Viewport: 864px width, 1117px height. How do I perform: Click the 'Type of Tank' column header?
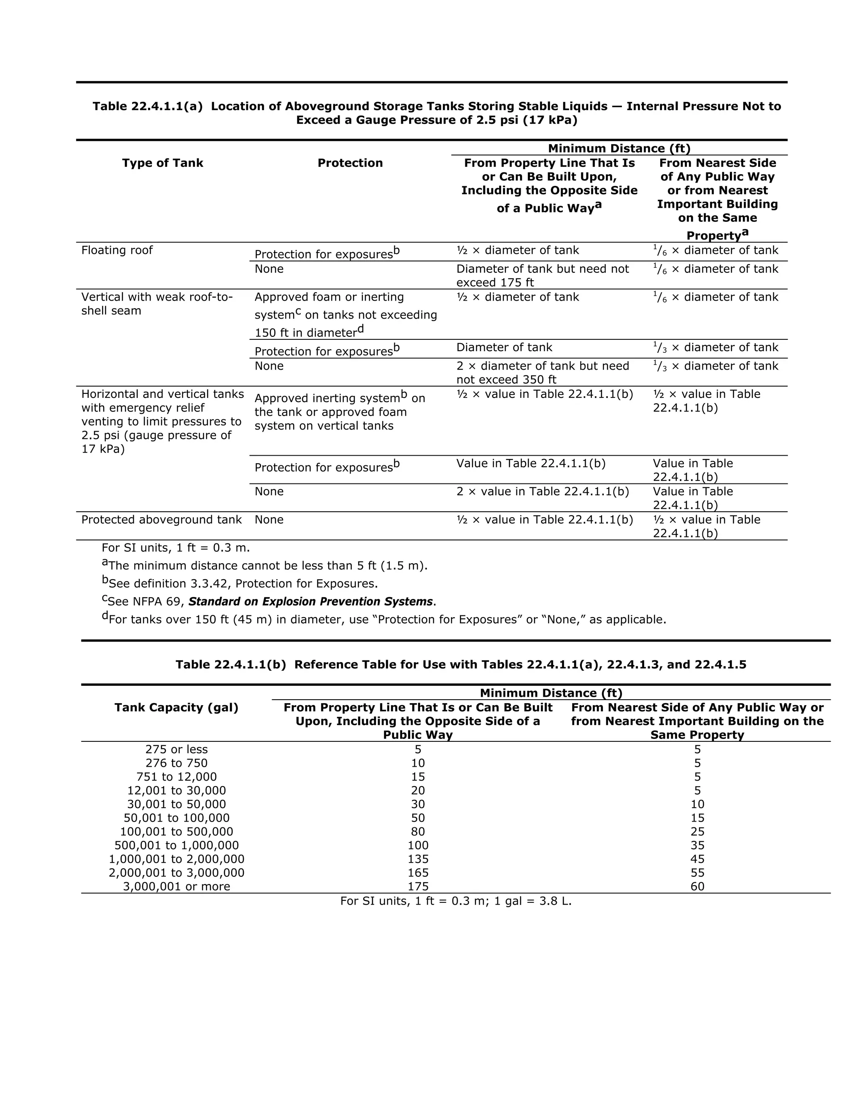(x=162, y=163)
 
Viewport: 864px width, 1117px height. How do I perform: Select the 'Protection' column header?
(x=350, y=163)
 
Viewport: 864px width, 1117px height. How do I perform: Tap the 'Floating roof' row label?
(x=117, y=250)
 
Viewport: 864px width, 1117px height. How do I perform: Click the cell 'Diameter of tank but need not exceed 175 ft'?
(x=542, y=276)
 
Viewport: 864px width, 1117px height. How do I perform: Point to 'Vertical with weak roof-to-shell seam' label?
(x=157, y=304)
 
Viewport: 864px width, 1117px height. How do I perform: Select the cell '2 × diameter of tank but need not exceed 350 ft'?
(x=542, y=372)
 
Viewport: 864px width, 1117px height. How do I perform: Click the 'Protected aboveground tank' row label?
(x=161, y=520)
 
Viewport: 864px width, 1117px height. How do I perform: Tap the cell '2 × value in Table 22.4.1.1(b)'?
(x=542, y=491)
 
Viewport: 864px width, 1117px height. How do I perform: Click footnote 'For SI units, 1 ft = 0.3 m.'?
(x=175, y=548)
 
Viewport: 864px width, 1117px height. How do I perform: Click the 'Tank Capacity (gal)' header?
(x=176, y=707)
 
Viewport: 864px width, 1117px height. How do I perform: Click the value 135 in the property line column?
(x=418, y=859)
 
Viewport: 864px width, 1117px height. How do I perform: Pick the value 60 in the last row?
(x=697, y=886)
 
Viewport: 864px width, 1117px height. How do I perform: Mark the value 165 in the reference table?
(x=418, y=873)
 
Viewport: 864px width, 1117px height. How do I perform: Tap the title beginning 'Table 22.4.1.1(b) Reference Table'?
(x=460, y=664)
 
